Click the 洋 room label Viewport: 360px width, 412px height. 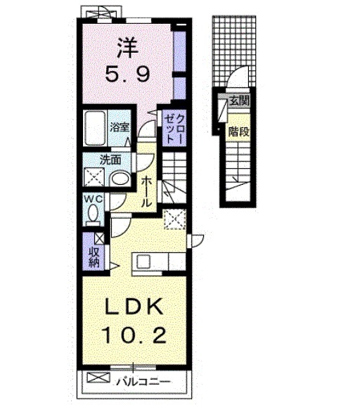127,50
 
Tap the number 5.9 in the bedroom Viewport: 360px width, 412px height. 127,74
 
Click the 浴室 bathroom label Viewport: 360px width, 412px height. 120,127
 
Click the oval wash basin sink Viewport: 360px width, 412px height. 120,178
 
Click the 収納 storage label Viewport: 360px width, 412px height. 94,257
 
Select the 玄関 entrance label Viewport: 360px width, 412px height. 238,101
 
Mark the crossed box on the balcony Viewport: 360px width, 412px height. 94,383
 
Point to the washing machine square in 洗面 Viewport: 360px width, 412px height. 95,177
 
